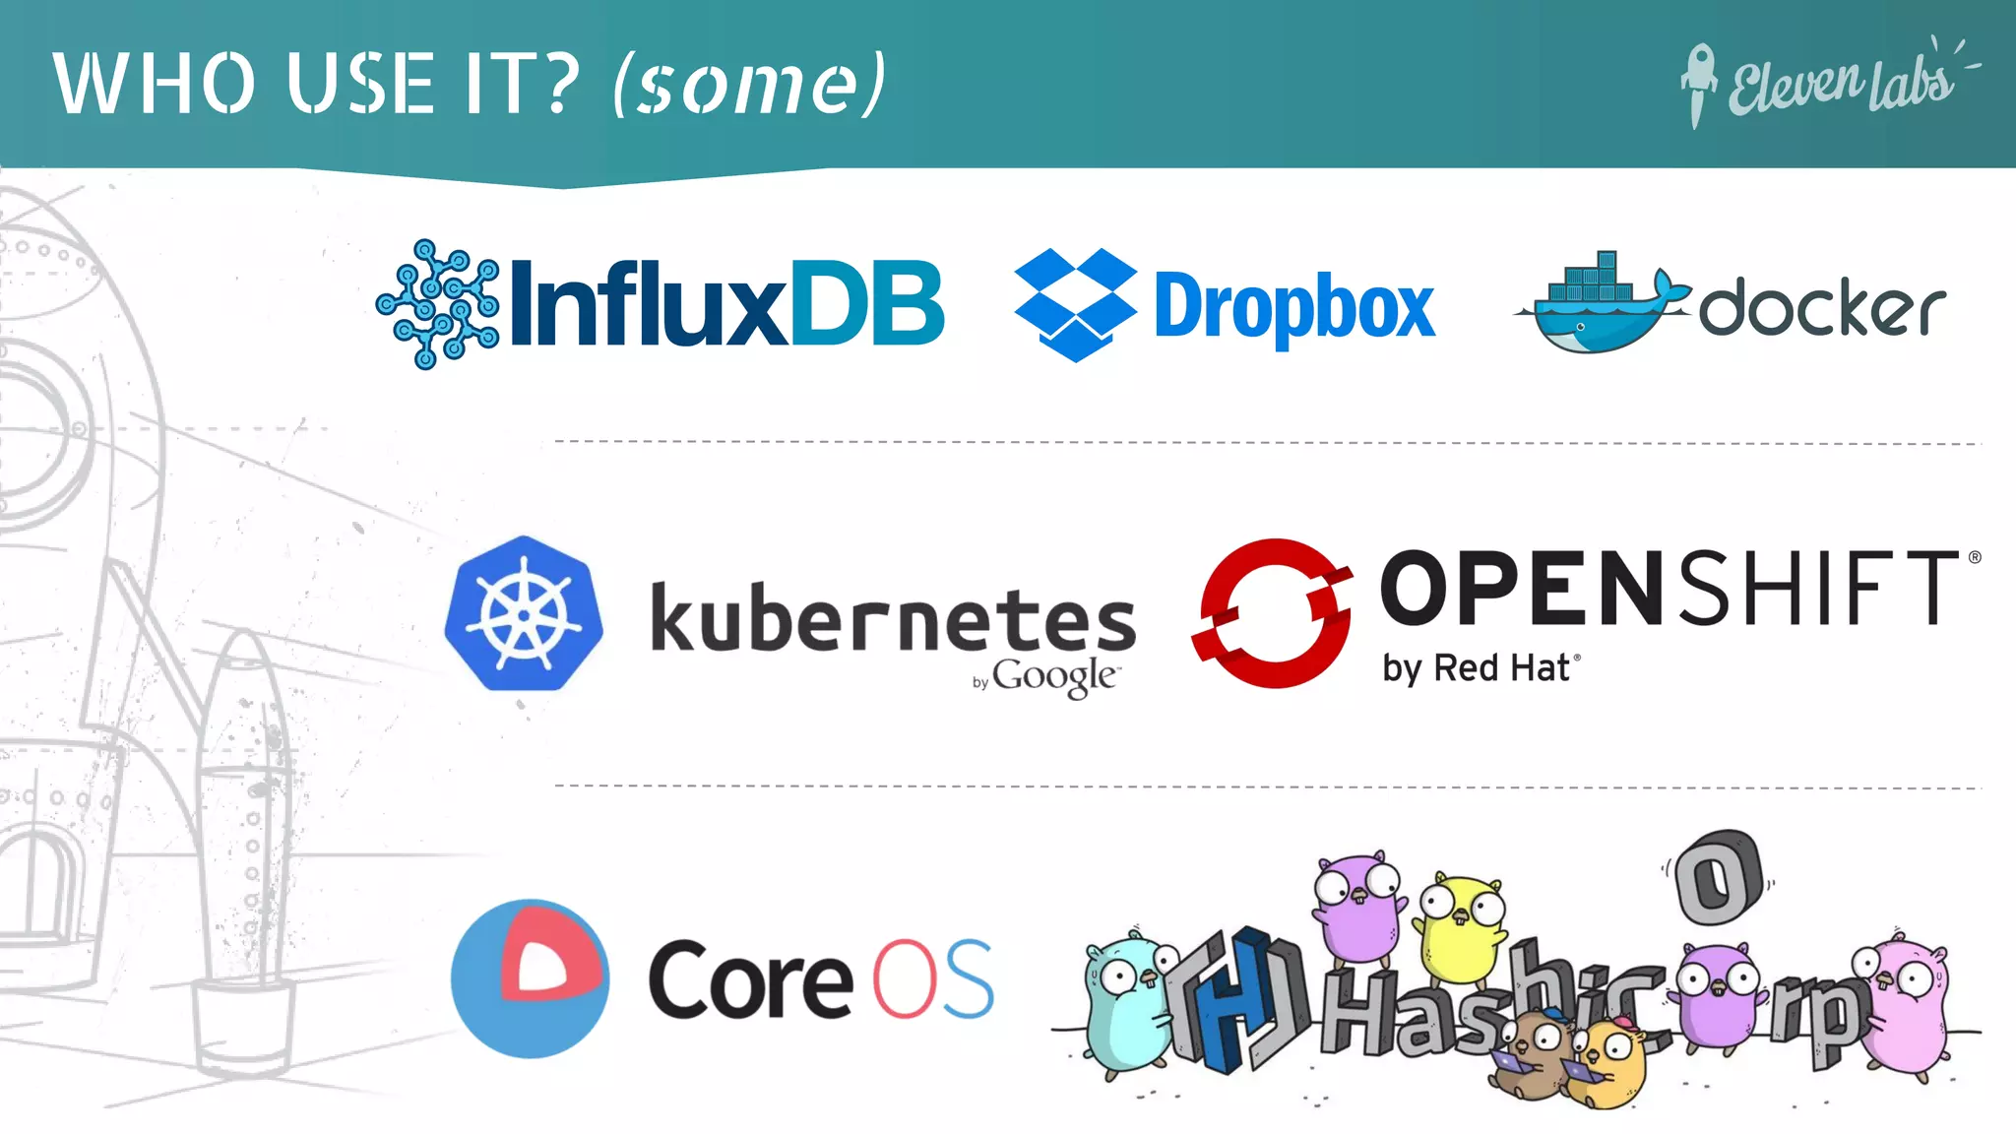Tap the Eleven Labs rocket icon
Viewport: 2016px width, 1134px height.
coord(1697,85)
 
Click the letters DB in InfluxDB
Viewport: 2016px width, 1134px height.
coord(866,304)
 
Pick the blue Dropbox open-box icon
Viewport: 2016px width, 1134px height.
coord(1075,304)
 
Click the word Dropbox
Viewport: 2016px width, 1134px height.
coord(1293,308)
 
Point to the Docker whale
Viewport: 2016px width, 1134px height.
coord(1601,306)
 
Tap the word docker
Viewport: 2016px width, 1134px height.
coord(1822,308)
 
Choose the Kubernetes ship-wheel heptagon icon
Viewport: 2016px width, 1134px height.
coord(524,614)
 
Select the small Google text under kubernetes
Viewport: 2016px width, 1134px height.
coord(1054,677)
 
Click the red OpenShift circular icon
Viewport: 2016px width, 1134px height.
coord(1273,612)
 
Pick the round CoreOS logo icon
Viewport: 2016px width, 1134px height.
coord(530,978)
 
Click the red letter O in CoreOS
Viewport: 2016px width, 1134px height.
coord(902,979)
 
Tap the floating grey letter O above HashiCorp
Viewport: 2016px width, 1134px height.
coord(1719,876)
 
